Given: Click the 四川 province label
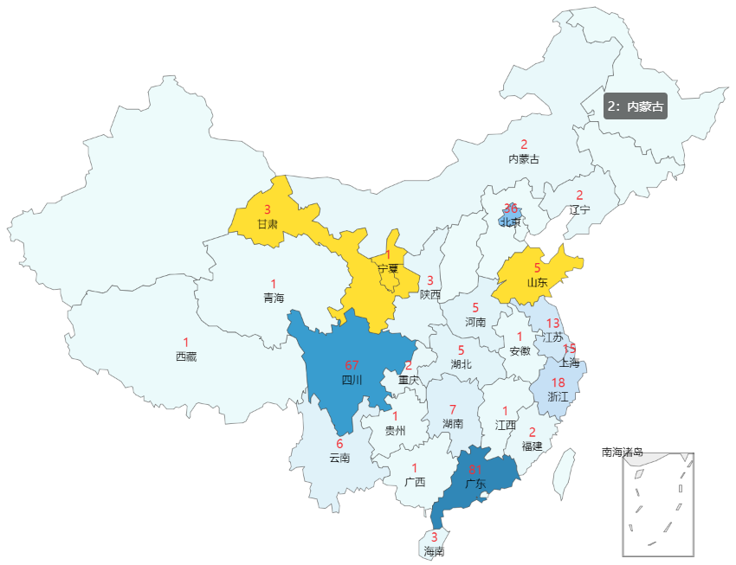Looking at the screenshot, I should click(x=352, y=379).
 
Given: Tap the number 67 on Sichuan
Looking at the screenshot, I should click(x=352, y=365).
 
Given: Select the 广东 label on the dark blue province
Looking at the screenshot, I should click(x=475, y=484).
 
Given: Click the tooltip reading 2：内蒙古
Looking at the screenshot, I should click(x=635, y=106).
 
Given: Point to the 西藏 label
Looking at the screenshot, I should click(x=186, y=356).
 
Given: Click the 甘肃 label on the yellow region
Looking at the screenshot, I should click(x=268, y=224).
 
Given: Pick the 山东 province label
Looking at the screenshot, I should click(x=537, y=282).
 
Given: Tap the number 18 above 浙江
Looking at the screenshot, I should click(x=558, y=382).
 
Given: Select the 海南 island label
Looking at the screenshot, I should click(x=434, y=550).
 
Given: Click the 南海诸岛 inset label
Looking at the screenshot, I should click(x=623, y=452).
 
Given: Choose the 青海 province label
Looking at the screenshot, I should click(x=274, y=298).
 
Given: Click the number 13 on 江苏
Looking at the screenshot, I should click(x=552, y=323).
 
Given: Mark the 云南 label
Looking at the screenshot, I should click(x=340, y=458).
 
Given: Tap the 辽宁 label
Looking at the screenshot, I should click(x=580, y=209).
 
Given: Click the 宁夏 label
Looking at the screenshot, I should click(x=388, y=268).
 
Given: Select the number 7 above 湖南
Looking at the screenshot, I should click(x=452, y=409).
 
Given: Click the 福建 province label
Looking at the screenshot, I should click(x=532, y=446).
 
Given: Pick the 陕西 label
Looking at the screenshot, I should click(x=430, y=294).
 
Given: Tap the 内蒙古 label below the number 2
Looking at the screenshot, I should click(x=524, y=158).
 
